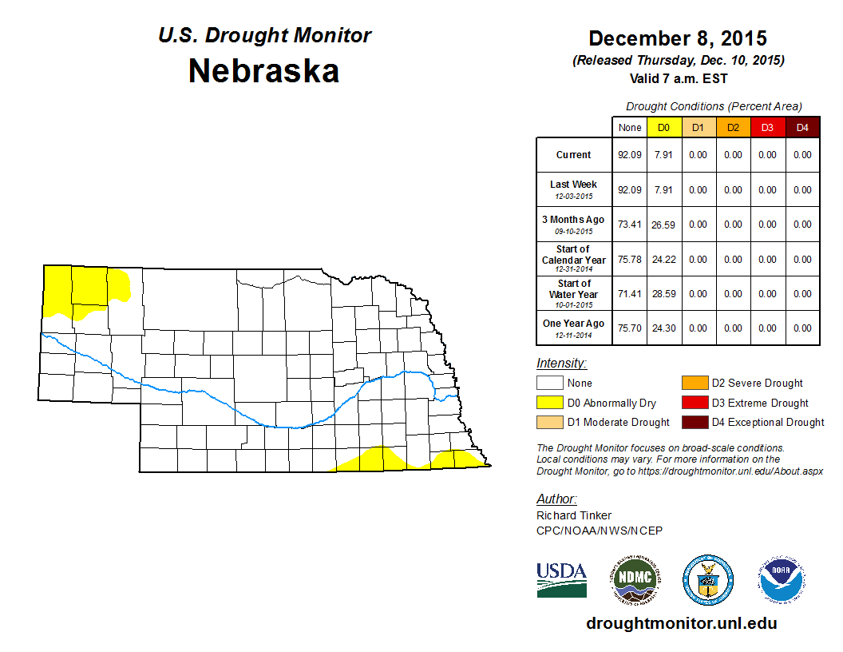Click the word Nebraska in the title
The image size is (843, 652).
click(x=263, y=72)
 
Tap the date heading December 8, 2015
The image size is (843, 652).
click(x=678, y=38)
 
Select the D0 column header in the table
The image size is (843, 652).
click(x=663, y=128)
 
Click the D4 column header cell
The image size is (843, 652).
click(x=802, y=128)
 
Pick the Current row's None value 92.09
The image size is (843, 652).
click(x=630, y=155)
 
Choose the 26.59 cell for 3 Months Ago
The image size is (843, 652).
click(x=663, y=225)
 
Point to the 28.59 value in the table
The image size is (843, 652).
click(x=663, y=294)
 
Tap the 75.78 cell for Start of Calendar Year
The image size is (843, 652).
click(x=630, y=259)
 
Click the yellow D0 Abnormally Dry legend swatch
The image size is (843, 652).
click(x=549, y=403)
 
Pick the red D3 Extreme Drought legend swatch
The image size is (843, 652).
click(x=694, y=403)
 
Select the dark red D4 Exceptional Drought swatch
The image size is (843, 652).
click(x=694, y=422)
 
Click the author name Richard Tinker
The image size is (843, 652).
click(x=574, y=515)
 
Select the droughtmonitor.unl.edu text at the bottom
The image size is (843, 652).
click(x=681, y=623)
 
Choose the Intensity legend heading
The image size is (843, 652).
click(x=561, y=364)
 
